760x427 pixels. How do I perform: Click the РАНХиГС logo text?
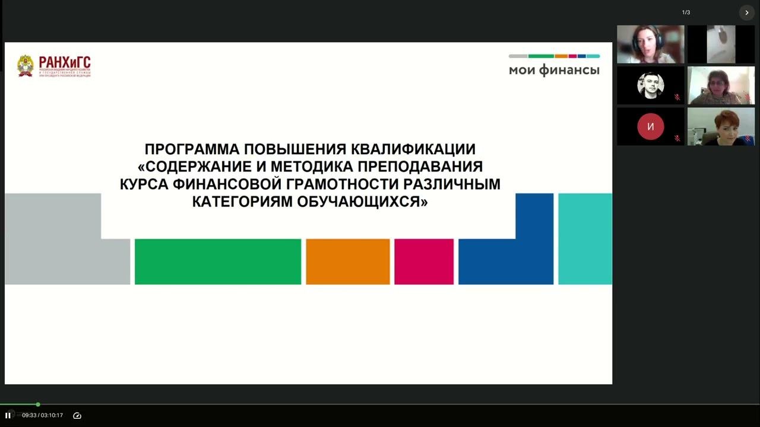pos(65,63)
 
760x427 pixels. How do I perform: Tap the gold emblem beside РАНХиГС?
pos(26,66)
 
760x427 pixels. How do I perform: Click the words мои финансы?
pos(554,70)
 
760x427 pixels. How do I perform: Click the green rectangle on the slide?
pos(218,262)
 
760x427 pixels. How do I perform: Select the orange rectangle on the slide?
pos(348,262)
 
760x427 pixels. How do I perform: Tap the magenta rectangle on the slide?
pos(424,262)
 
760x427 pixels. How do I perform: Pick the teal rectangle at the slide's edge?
pos(585,238)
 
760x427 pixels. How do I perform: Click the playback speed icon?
pos(77,416)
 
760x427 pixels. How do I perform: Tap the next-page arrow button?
pos(746,12)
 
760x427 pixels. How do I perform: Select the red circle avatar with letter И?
pos(651,126)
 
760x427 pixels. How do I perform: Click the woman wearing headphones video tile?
pos(651,44)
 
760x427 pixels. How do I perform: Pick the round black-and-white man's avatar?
pos(651,85)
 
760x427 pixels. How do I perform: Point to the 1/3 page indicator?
pos(686,12)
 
